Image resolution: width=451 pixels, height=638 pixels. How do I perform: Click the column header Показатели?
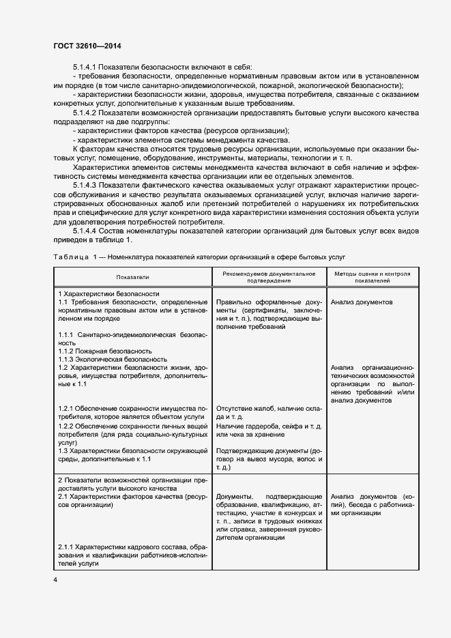coord(132,277)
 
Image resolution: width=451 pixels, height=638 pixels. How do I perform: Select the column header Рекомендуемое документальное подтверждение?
coord(268,277)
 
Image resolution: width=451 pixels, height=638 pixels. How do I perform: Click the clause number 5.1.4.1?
coord(87,67)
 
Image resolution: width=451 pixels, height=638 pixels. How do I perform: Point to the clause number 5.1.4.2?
coord(87,112)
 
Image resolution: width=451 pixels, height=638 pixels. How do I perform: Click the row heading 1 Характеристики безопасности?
coord(108,293)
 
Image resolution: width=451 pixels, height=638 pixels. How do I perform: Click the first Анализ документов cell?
coord(361,301)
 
